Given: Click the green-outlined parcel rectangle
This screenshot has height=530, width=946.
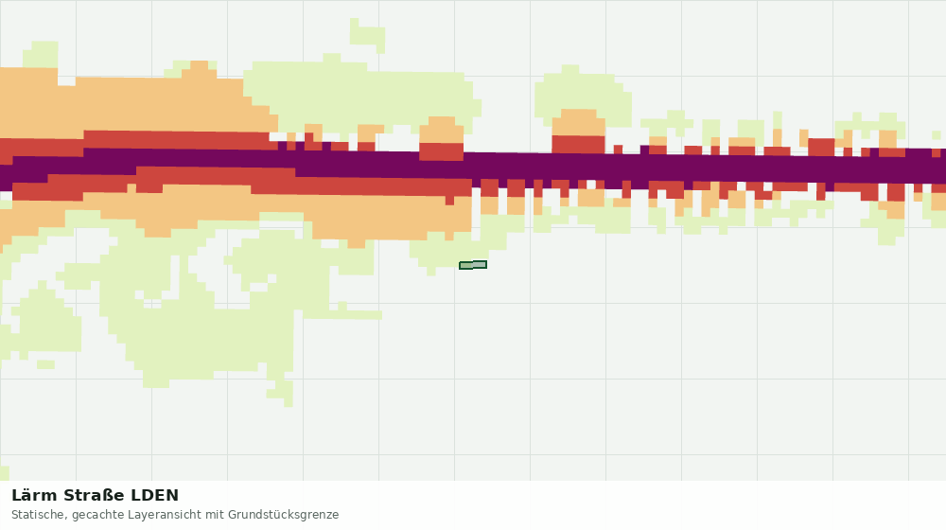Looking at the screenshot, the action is coord(473,265).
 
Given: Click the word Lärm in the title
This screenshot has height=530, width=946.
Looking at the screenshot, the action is coord(34,496).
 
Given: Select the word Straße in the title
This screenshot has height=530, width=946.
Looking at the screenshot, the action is coord(94,496).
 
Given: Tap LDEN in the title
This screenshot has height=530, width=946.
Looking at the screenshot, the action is coord(155,496).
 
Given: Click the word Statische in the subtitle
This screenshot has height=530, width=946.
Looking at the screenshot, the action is coord(41,515).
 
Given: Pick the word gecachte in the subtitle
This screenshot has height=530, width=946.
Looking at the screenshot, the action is coord(96,515).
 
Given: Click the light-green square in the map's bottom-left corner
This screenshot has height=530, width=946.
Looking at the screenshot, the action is coord(4,473).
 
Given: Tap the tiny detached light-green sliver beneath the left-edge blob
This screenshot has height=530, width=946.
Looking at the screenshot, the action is coord(45,364).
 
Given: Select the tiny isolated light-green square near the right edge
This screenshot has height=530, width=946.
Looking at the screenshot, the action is coord(937,134).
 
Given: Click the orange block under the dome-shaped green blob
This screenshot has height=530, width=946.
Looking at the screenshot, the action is coord(579,122).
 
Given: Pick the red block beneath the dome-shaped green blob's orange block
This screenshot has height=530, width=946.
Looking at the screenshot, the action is coord(579,145).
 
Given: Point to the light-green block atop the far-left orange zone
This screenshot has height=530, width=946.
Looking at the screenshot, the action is coord(41,54).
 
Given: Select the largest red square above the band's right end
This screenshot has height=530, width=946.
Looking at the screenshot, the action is coord(821,148).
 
